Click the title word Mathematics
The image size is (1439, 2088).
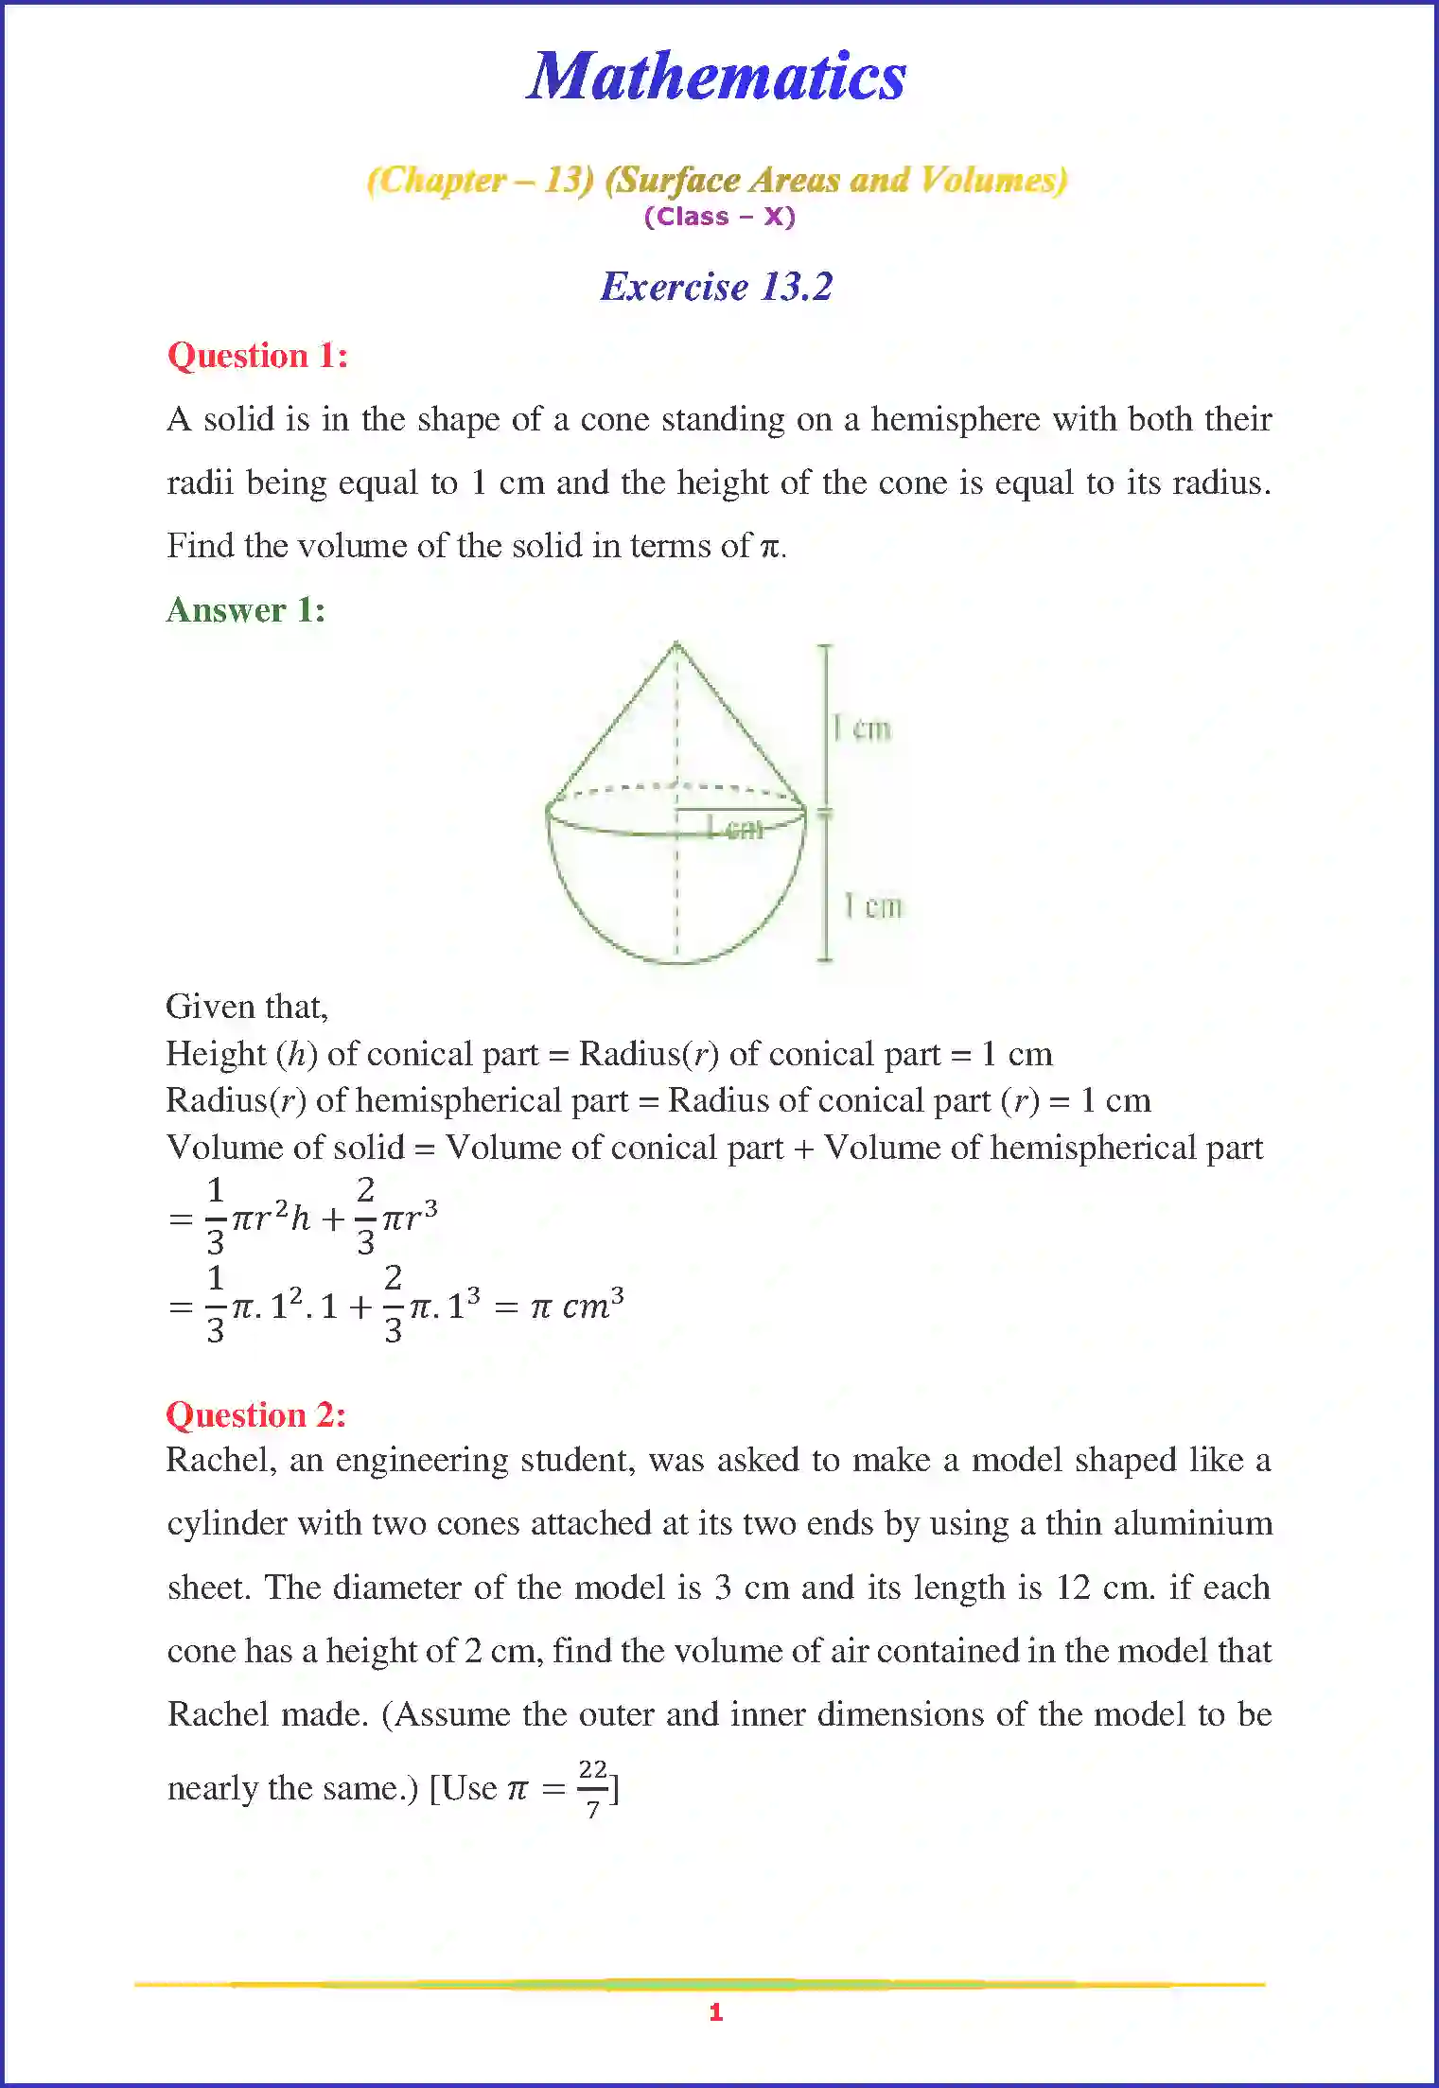click(x=716, y=77)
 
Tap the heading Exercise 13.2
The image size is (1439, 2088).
click(x=716, y=287)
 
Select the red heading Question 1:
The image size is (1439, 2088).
click(x=257, y=356)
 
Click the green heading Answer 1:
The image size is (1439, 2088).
click(x=245, y=610)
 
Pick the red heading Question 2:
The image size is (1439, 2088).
click(x=255, y=1415)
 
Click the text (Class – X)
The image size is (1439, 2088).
click(x=719, y=217)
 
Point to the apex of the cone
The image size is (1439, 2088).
click(x=676, y=644)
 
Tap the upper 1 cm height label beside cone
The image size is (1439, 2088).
click(x=862, y=729)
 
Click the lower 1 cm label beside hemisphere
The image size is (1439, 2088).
click(x=873, y=906)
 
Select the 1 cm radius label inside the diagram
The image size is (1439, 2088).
click(x=735, y=828)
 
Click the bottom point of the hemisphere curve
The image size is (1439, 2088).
click(x=676, y=962)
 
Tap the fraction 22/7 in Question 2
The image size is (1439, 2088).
click(x=592, y=1788)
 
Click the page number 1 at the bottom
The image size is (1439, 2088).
click(x=715, y=2012)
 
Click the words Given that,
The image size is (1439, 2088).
click(x=247, y=1007)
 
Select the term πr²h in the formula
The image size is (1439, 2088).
click(x=272, y=1219)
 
